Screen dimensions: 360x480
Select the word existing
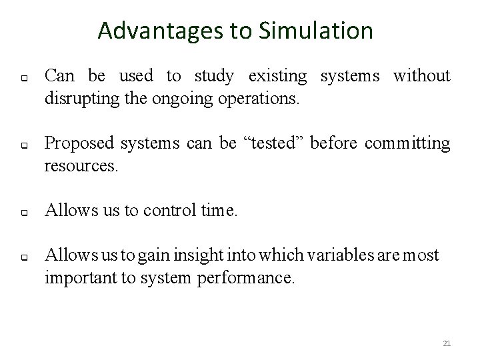point(280,77)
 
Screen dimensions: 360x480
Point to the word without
point(422,77)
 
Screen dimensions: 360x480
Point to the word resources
point(81,166)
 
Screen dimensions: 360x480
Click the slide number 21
point(447,343)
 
